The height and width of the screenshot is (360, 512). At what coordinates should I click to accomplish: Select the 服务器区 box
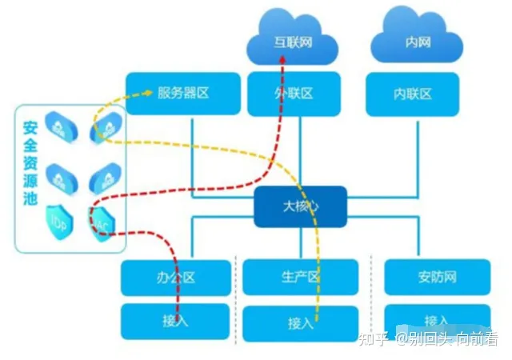coord(183,93)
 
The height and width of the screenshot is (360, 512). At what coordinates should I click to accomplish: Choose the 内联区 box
coord(413,94)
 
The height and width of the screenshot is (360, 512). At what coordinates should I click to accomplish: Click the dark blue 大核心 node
coord(300,206)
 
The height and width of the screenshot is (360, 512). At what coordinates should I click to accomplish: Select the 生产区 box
coord(300,277)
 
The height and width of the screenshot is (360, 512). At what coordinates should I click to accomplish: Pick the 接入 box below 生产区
coord(300,323)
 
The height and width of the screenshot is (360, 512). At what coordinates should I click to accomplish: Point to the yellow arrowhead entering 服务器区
coord(149,94)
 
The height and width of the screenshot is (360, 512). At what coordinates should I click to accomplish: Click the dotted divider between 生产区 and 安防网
coord(371,296)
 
